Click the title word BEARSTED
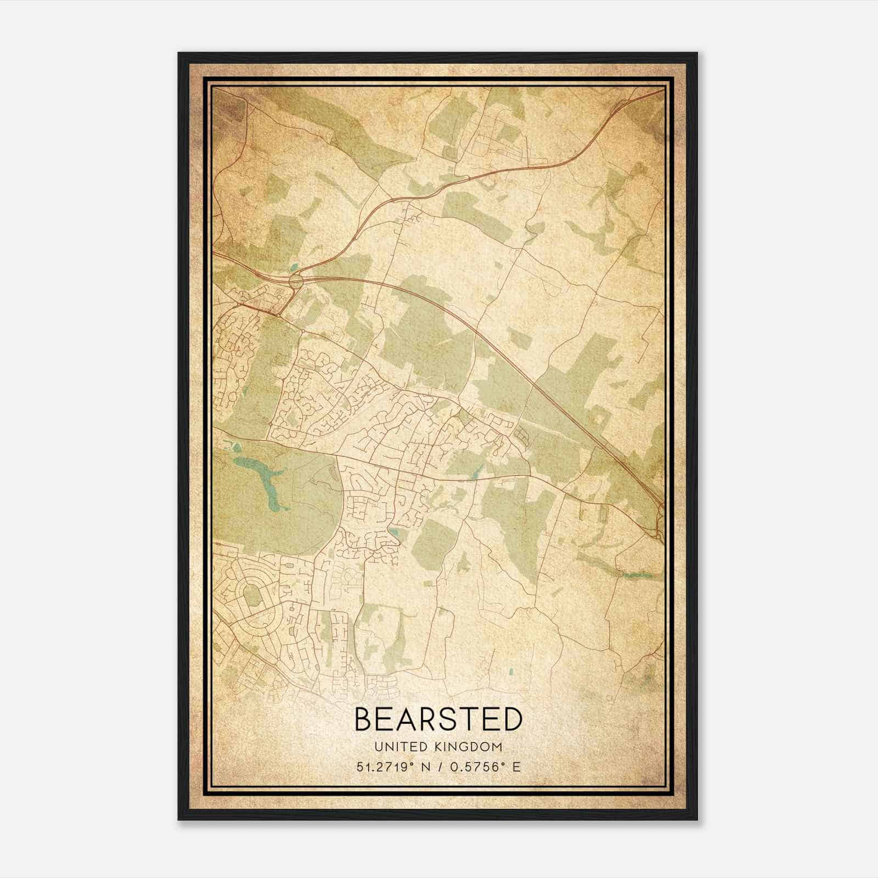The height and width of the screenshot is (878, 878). point(438,719)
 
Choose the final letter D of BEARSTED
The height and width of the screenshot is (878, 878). point(511,719)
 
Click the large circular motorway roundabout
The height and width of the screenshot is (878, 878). point(296,282)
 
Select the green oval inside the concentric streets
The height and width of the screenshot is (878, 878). point(251,595)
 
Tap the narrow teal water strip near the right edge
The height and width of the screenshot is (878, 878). point(638,576)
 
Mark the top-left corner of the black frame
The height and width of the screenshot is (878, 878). point(179,53)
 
